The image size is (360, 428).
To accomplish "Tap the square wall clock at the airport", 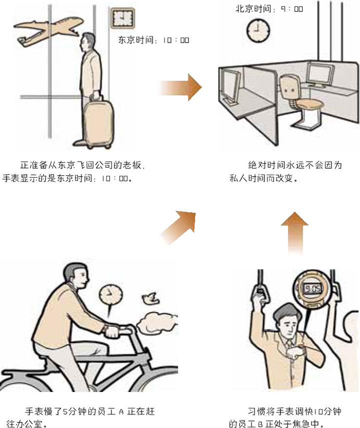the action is [122, 19].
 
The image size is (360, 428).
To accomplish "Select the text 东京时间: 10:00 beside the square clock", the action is [153, 40].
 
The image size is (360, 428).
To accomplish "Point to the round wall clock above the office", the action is [258, 30].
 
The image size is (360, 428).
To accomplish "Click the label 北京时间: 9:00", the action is [269, 9].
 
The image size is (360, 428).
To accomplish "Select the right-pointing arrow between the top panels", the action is [180, 87].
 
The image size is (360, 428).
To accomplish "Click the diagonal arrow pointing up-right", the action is [178, 227].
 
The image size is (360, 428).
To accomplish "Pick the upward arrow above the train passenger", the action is [295, 233].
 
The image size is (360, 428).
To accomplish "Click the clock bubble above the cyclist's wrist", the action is [110, 296].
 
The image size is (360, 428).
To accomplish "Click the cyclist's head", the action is [76, 275].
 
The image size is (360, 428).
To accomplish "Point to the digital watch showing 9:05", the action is [313, 288].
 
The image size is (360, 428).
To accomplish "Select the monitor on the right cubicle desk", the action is [320, 74].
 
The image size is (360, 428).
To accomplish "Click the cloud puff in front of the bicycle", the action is [157, 323].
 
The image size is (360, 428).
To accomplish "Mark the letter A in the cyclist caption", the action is [121, 411].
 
